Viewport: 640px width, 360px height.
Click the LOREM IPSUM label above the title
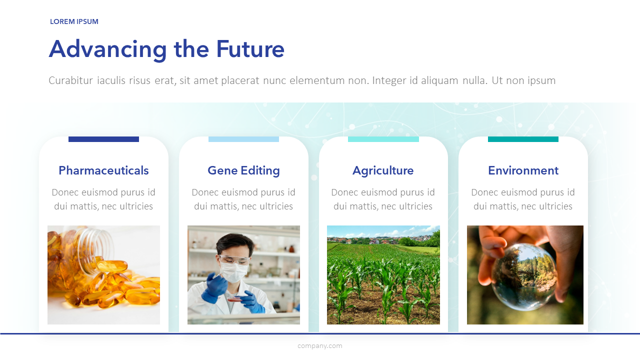[x=74, y=21]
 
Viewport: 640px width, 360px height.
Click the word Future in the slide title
[x=250, y=49]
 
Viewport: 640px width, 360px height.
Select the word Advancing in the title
[x=107, y=50]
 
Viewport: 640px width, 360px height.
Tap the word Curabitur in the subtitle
[x=71, y=80]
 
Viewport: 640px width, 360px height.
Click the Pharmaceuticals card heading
[x=103, y=170]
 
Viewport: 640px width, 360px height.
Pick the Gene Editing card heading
[x=243, y=171]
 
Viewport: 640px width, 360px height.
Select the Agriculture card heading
[x=383, y=171]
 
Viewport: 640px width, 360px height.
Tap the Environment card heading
[x=523, y=170]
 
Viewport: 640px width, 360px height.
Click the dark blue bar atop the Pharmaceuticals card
[x=103, y=139]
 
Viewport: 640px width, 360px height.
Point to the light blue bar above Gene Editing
[x=243, y=139]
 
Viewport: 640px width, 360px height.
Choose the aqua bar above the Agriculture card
[x=383, y=139]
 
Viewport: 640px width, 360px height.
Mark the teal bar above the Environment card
[x=523, y=139]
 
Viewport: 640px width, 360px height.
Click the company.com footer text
[x=320, y=346]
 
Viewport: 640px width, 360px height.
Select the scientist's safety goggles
[x=235, y=260]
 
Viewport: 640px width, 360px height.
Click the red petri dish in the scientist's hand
[x=235, y=299]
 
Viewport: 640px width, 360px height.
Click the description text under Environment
[x=523, y=199]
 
